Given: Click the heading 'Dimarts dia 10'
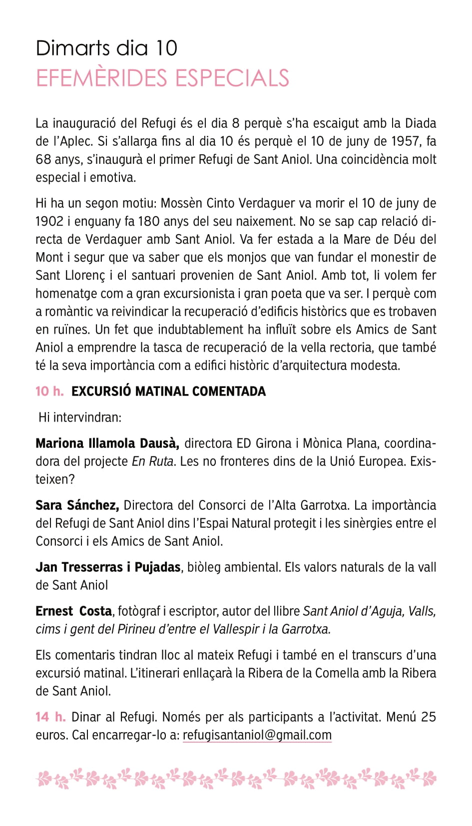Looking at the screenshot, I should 106,48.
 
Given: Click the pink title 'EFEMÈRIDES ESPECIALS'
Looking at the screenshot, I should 162,78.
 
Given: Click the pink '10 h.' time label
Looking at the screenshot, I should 49,391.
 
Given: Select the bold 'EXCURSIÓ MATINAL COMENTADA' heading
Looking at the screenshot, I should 168,391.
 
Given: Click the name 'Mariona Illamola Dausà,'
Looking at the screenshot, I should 107,443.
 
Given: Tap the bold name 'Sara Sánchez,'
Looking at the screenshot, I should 77,505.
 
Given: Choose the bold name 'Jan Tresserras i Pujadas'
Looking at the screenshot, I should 108,567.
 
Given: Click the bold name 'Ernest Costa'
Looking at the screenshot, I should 74,611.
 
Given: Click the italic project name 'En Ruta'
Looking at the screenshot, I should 152,461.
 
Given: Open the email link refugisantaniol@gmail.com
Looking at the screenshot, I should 257,735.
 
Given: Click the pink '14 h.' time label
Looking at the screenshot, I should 50,717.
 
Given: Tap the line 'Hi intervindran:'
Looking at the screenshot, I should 80,417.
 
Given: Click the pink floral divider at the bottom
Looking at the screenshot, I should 236,778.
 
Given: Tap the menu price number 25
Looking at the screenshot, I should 428,717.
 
